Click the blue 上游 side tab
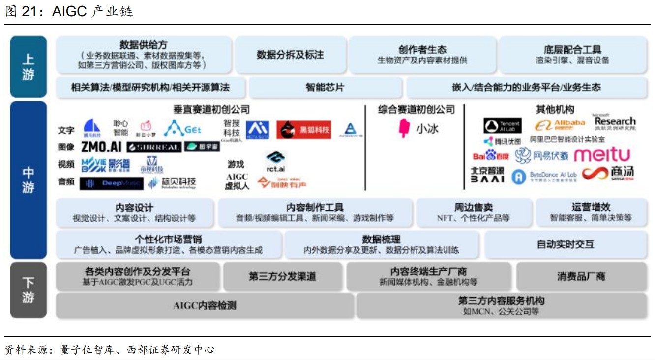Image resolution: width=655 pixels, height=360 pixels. click(x=28, y=66)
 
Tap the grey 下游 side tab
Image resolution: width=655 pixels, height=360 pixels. click(x=28, y=290)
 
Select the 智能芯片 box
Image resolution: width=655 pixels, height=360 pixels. click(x=325, y=88)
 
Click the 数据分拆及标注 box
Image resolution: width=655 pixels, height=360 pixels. click(x=290, y=55)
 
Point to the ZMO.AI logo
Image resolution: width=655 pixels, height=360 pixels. click(x=100, y=147)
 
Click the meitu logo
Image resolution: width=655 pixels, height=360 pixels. click(x=601, y=155)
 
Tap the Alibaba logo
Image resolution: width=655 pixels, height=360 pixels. click(x=560, y=124)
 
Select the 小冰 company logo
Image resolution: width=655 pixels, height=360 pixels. click(x=417, y=129)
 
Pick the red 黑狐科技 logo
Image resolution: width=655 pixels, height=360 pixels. click(x=303, y=130)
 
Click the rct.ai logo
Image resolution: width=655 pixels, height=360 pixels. click(x=275, y=161)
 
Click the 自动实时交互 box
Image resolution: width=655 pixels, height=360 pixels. click(x=565, y=244)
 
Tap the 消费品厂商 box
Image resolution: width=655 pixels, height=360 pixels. click(x=581, y=276)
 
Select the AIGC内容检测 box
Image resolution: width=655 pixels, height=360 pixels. click(x=205, y=305)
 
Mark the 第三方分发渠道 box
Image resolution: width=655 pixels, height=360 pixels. click(x=282, y=276)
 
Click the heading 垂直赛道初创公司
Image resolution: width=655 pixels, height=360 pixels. click(x=211, y=109)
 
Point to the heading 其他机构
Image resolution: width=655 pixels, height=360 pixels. click(x=555, y=109)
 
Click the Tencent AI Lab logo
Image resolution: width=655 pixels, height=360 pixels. click(x=502, y=126)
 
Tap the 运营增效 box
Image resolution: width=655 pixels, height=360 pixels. click(x=591, y=212)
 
